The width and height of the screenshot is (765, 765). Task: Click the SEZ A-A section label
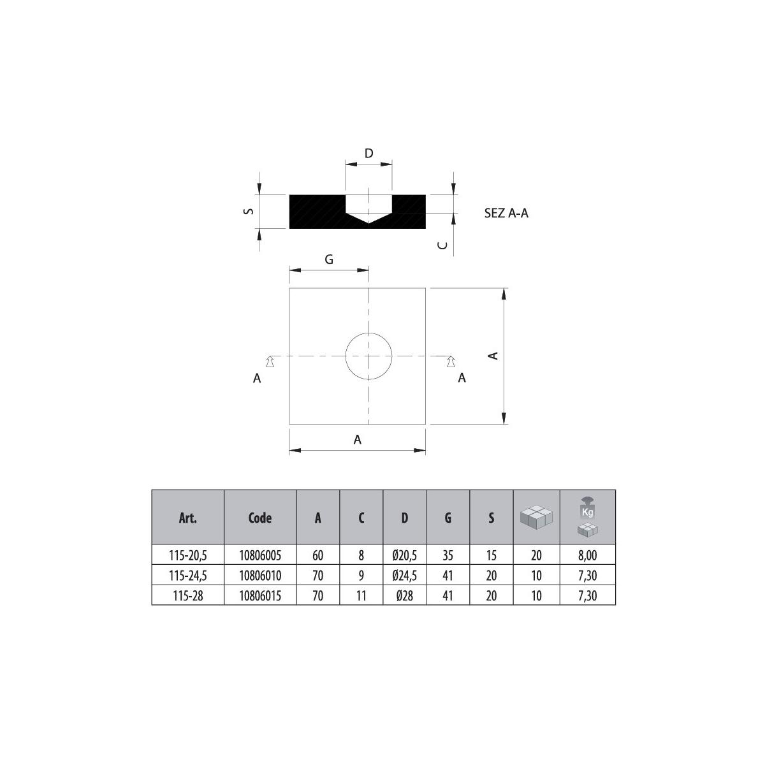click(506, 214)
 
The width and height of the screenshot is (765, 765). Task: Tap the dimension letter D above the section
click(368, 154)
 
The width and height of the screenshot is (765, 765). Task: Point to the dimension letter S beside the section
click(250, 211)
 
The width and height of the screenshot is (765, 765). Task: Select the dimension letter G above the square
click(329, 259)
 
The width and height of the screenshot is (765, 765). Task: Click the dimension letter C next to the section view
click(444, 245)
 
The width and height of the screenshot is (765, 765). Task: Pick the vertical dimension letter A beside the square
click(492, 356)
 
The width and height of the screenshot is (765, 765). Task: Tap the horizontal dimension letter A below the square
click(358, 439)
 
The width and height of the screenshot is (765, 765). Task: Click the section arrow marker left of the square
click(270, 361)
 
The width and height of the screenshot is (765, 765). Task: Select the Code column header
click(260, 518)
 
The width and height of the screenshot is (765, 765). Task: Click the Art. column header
click(187, 518)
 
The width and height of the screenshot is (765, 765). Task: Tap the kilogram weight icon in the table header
click(587, 517)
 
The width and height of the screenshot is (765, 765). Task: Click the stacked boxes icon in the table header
click(536, 517)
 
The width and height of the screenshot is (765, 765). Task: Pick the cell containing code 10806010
click(260, 576)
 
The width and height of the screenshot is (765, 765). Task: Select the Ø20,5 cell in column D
click(404, 555)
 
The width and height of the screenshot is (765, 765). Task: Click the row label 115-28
click(187, 596)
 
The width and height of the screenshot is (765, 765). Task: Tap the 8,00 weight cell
click(587, 555)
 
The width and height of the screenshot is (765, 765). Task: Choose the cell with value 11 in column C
click(361, 596)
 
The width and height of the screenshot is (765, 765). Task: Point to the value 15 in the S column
click(491, 555)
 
